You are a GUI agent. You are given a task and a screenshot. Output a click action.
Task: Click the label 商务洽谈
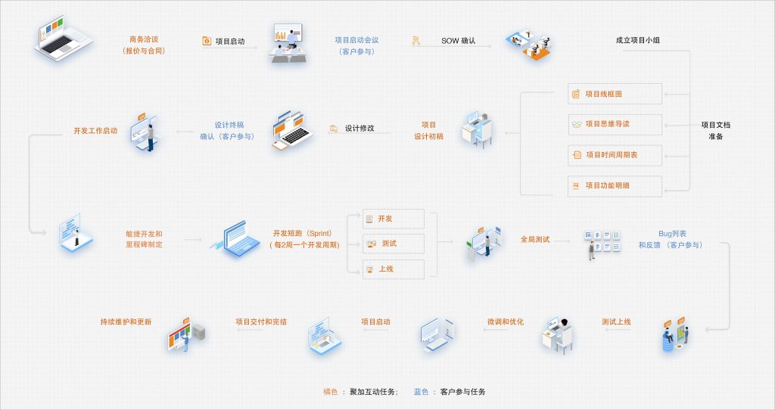tap(144, 39)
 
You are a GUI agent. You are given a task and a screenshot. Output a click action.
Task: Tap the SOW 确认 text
tap(458, 41)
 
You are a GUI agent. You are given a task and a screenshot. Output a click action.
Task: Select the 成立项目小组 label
tap(637, 40)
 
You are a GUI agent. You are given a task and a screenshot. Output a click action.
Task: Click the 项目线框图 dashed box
tap(615, 94)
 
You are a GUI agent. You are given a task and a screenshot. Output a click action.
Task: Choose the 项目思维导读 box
tap(615, 125)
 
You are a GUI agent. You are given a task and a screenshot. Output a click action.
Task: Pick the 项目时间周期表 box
tap(615, 155)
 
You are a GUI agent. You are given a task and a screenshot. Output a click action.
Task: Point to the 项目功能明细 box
tap(615, 186)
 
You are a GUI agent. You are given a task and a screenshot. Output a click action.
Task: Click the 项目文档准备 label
tap(716, 130)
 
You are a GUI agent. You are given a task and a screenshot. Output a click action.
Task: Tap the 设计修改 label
tap(359, 129)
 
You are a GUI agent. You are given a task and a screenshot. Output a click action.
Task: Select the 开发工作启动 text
tap(95, 131)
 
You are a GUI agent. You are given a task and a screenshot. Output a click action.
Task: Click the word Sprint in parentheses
tap(319, 233)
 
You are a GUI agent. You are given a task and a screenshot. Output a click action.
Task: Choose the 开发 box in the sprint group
tap(394, 219)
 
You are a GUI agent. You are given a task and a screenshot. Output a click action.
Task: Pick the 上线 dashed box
tap(394, 269)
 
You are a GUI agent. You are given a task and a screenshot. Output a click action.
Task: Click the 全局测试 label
tap(535, 240)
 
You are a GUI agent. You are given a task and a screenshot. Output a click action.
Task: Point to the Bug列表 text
tap(672, 234)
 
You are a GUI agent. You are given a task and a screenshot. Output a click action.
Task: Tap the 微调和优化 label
tap(505, 321)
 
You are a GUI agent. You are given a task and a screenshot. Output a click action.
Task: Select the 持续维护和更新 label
tap(126, 321)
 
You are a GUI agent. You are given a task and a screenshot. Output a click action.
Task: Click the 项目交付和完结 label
tap(261, 321)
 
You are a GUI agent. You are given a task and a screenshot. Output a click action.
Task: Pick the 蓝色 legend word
tap(421, 392)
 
